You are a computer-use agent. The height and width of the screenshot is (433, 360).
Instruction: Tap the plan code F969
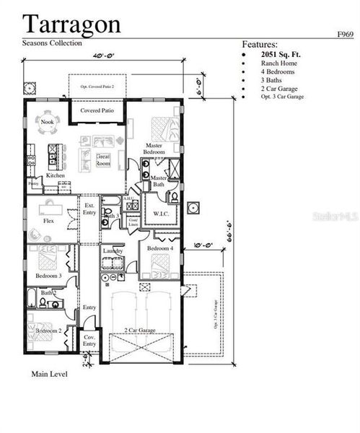click(345, 34)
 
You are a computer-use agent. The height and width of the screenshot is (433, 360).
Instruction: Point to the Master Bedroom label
click(153, 149)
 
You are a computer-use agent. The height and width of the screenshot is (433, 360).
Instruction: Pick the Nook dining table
click(48, 119)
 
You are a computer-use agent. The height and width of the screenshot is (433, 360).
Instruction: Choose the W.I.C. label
click(161, 214)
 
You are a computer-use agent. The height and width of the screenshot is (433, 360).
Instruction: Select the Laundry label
click(113, 250)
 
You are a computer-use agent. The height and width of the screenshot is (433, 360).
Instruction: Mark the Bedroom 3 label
click(48, 276)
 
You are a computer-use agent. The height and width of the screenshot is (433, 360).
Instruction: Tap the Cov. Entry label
click(89, 341)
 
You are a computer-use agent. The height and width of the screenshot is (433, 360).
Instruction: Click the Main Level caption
click(49, 374)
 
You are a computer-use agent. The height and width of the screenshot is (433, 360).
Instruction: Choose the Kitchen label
click(56, 175)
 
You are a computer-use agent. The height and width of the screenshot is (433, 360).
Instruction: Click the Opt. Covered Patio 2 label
click(97, 86)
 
